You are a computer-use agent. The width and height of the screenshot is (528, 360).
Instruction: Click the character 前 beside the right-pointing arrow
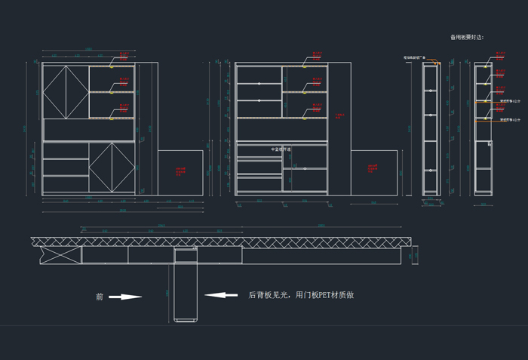pos(99,297)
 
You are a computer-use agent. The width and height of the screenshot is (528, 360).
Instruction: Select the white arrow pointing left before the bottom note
pos(221,295)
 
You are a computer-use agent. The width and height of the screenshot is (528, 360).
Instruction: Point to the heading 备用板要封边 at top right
pos(466,36)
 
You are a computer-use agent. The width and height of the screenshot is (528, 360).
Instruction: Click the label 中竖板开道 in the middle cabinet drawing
pos(282,149)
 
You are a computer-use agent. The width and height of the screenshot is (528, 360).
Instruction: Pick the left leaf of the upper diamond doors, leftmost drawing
pos(54,92)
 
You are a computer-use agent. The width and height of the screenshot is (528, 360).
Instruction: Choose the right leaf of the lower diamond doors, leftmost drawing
pos(123,166)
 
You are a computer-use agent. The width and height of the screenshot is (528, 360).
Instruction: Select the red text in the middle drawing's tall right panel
pos(339,115)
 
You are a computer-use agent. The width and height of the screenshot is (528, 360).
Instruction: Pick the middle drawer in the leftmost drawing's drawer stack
pos(66,167)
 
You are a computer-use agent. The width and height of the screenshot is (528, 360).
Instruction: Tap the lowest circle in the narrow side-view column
pos(431,171)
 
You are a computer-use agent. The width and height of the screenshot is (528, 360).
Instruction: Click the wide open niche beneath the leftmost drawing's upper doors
pos(88,130)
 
